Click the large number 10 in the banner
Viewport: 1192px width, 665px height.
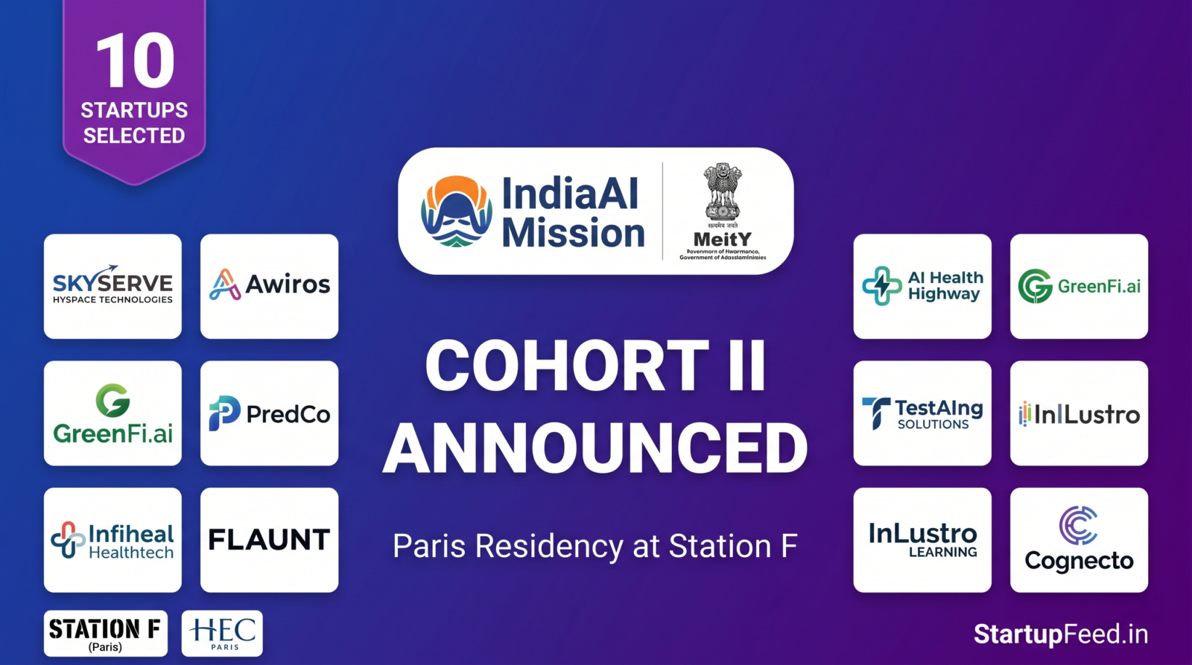click(x=135, y=61)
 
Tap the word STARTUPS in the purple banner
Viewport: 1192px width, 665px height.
click(x=134, y=110)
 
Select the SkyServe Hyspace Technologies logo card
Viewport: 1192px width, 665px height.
click(x=112, y=287)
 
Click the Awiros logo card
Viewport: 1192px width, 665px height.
click(x=269, y=287)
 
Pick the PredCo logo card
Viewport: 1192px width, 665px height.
click(x=269, y=413)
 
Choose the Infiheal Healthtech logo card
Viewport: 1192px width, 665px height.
click(x=112, y=540)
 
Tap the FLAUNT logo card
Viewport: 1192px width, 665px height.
click(x=269, y=540)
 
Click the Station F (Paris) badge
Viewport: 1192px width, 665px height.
click(x=105, y=634)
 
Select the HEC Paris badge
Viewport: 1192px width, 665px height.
click(x=222, y=634)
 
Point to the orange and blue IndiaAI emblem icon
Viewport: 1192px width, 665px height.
click(x=456, y=211)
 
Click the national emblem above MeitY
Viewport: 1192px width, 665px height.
click(x=722, y=191)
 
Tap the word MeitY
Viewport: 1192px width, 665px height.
click(x=722, y=239)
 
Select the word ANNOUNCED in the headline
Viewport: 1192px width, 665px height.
click(x=595, y=448)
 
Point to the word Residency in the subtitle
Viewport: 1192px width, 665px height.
click(x=550, y=547)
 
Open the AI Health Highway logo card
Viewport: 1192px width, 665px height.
click(x=922, y=287)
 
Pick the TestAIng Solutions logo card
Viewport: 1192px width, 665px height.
click(x=922, y=413)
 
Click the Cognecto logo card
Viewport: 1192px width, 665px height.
click(x=1079, y=540)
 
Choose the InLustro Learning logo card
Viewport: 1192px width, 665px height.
click(x=922, y=540)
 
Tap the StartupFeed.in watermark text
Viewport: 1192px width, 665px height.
click(x=1060, y=634)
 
